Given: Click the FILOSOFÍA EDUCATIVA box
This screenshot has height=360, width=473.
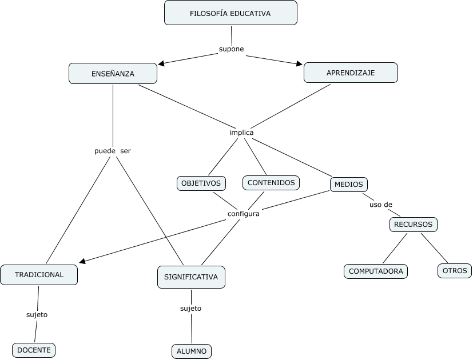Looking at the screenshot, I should click(x=230, y=13).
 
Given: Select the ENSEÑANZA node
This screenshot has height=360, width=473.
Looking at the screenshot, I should click(x=113, y=74).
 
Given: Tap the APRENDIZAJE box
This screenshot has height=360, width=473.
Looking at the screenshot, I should click(x=351, y=73).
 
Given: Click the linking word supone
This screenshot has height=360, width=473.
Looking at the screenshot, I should click(x=232, y=49).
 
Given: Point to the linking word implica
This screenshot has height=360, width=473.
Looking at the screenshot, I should click(x=241, y=133).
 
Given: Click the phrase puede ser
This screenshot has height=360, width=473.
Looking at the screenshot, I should click(x=113, y=151).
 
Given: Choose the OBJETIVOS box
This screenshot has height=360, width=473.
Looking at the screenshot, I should click(x=201, y=183).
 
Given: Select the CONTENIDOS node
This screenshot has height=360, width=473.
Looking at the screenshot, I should click(x=271, y=183).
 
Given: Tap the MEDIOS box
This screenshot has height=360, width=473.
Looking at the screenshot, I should click(x=349, y=185).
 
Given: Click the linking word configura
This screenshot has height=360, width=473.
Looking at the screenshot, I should click(x=244, y=214).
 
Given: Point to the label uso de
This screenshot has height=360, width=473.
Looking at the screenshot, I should click(x=381, y=205).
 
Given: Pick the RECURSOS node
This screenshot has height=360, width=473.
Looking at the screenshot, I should click(x=414, y=225).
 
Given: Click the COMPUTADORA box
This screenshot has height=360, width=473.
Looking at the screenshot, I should click(x=376, y=271).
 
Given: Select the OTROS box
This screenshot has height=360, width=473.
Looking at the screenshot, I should click(x=455, y=271).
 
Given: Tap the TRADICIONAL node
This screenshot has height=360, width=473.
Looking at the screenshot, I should click(x=39, y=275).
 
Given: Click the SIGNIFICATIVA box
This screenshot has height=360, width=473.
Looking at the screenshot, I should click(x=191, y=277).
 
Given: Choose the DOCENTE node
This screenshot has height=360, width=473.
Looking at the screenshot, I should click(x=34, y=350).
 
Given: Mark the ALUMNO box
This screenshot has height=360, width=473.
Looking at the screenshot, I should click(x=192, y=351).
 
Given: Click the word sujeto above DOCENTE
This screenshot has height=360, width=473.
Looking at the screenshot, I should click(x=37, y=314).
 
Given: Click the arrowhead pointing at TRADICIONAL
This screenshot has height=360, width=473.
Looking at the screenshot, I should click(x=82, y=261).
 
